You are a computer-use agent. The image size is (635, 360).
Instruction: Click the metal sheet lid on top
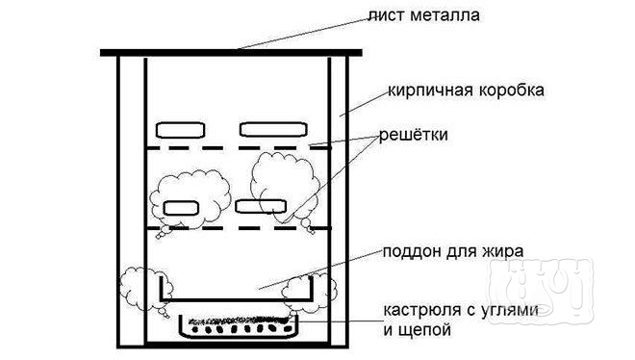click(x=226, y=51)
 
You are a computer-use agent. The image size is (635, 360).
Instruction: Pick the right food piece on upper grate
click(x=271, y=129)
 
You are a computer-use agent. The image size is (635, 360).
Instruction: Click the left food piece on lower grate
click(x=180, y=207)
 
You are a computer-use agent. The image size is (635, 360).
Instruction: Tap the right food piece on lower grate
click(x=261, y=206)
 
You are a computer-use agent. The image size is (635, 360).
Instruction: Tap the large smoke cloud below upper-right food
click(x=284, y=178)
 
